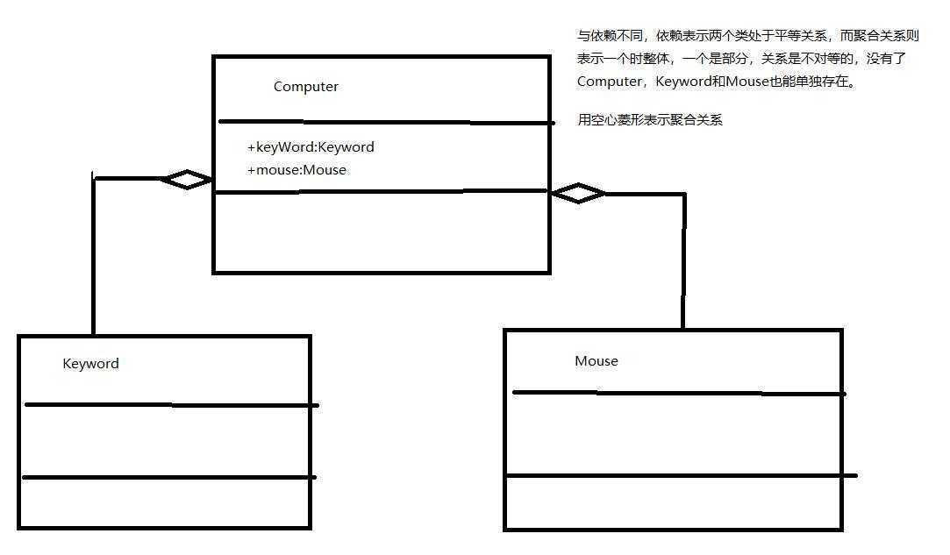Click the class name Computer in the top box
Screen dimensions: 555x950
tap(305, 87)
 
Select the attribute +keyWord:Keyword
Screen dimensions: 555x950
tap(311, 147)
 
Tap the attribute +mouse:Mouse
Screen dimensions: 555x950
tap(296, 170)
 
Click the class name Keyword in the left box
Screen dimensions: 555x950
tap(90, 364)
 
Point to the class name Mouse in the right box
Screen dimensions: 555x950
tap(596, 361)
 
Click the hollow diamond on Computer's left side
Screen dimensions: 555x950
tap(186, 180)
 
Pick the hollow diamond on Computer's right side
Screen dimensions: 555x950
tap(577, 194)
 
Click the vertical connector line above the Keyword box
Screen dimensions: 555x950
tap(93, 263)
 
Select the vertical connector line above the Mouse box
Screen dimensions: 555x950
tap(683, 263)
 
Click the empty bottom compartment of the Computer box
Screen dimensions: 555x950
tap(381, 231)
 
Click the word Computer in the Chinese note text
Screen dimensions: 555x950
tap(609, 82)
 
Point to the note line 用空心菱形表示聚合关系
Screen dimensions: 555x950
tap(649, 120)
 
